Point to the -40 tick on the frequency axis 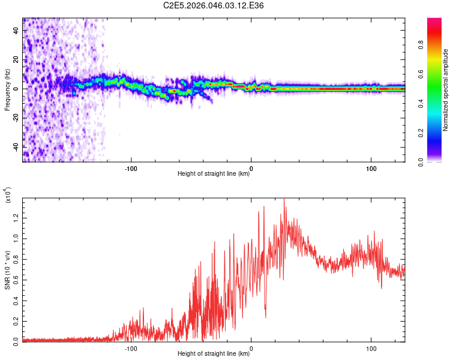(x=16, y=146)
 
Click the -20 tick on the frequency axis (x=16, y=118)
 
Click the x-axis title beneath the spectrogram (x=214, y=175)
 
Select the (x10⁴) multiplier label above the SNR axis (x=8, y=195)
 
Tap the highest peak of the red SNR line (x=284, y=200)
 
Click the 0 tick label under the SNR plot (x=251, y=347)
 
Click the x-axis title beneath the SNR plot (x=214, y=354)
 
